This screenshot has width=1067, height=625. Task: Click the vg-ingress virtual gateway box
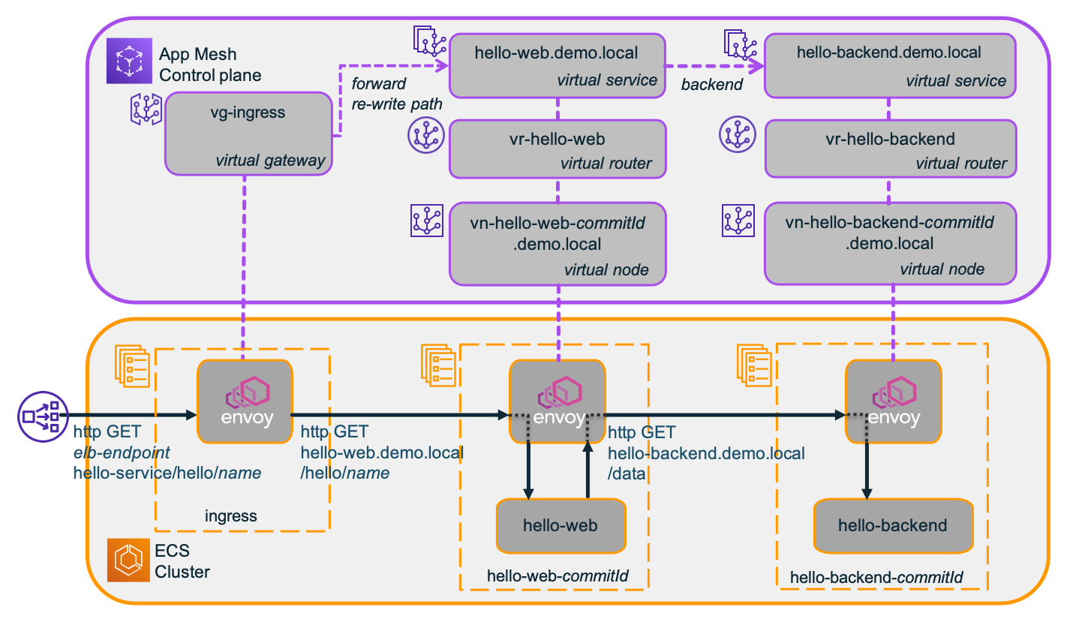249,134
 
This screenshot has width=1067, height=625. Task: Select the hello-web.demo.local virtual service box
557,65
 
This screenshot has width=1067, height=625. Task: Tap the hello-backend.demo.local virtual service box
890,65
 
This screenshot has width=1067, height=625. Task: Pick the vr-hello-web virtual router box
557,149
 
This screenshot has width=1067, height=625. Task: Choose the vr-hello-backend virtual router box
890,149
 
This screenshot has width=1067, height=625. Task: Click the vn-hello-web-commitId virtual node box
557,245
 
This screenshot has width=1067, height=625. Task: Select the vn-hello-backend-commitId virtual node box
890,245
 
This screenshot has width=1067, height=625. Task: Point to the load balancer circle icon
40,414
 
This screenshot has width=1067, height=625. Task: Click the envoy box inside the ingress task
245,401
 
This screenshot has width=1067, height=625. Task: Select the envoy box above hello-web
557,401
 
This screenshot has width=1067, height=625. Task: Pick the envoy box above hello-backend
893,401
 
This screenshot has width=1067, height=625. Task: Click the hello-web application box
561,525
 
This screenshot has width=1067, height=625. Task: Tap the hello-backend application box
892,525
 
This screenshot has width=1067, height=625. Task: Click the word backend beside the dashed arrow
711,85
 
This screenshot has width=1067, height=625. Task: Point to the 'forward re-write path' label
396,93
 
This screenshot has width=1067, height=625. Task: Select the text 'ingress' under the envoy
230,516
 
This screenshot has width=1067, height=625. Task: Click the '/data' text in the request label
629,474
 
